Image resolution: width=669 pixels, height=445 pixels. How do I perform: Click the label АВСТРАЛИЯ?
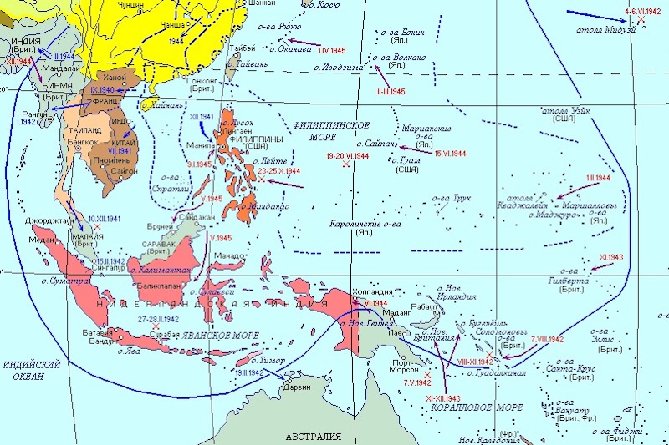[313, 437]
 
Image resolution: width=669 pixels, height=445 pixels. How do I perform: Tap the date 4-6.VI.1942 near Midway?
[642, 11]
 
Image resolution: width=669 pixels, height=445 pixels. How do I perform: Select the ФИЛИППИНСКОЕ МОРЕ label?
[331, 132]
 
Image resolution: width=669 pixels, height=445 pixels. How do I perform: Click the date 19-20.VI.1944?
[348, 155]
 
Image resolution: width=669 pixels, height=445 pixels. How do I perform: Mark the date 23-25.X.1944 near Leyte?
[279, 170]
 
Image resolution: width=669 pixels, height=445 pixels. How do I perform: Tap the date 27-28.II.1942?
[159, 319]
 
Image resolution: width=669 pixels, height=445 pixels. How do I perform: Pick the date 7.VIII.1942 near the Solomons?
[548, 339]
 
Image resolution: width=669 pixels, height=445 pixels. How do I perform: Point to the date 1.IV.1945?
[332, 51]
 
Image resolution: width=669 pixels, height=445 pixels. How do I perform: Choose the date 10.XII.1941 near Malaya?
[104, 218]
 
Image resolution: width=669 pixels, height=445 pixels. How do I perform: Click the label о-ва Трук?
[452, 199]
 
